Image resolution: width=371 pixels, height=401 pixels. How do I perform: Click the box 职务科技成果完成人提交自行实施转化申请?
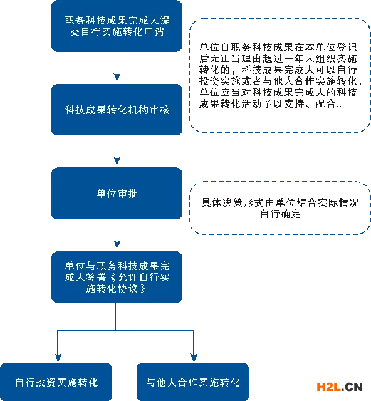pos(117,26)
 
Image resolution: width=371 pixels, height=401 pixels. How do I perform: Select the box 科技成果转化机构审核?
pos(117,110)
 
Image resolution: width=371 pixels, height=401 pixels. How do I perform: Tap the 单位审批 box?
pos(117,194)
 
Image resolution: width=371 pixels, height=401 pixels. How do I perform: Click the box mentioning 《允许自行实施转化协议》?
pos(117,277)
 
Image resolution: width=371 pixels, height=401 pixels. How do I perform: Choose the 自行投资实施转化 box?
pos(56,382)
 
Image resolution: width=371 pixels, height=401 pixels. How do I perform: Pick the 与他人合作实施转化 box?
pos(192,382)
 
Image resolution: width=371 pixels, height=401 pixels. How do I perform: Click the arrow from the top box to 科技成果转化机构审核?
pos(117,68)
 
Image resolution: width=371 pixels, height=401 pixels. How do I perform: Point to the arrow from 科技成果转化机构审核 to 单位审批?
pos(117,152)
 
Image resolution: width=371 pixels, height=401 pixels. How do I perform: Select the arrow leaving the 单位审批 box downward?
pos(117,235)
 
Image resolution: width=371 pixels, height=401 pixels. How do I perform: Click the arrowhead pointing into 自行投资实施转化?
pos(58,358)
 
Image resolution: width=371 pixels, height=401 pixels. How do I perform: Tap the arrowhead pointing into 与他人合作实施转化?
pos(194,358)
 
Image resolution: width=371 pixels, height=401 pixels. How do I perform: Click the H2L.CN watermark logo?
pos(340,387)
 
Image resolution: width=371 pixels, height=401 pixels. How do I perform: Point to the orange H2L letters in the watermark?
pos(329,387)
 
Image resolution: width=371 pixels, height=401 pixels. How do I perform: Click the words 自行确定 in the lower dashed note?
pos(280,214)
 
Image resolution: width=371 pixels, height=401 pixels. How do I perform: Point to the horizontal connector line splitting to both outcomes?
pos(125,331)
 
